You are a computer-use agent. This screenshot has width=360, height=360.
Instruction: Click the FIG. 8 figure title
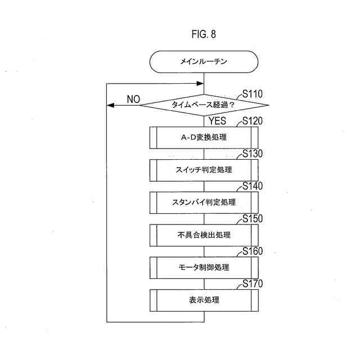[203, 34]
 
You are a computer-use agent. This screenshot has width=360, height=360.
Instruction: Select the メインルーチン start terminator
[203, 62]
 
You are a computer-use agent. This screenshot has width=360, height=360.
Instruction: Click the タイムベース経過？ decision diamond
[204, 104]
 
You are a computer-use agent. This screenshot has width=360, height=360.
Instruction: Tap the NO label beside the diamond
[133, 99]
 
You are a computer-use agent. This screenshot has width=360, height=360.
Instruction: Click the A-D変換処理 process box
[204, 137]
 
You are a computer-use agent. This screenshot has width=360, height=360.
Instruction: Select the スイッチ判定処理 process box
[204, 169]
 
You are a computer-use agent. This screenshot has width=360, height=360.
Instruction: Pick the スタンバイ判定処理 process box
[204, 202]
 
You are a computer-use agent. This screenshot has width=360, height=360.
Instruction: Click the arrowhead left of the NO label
[110, 105]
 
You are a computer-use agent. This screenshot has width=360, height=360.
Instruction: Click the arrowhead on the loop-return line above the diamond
[200, 83]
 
